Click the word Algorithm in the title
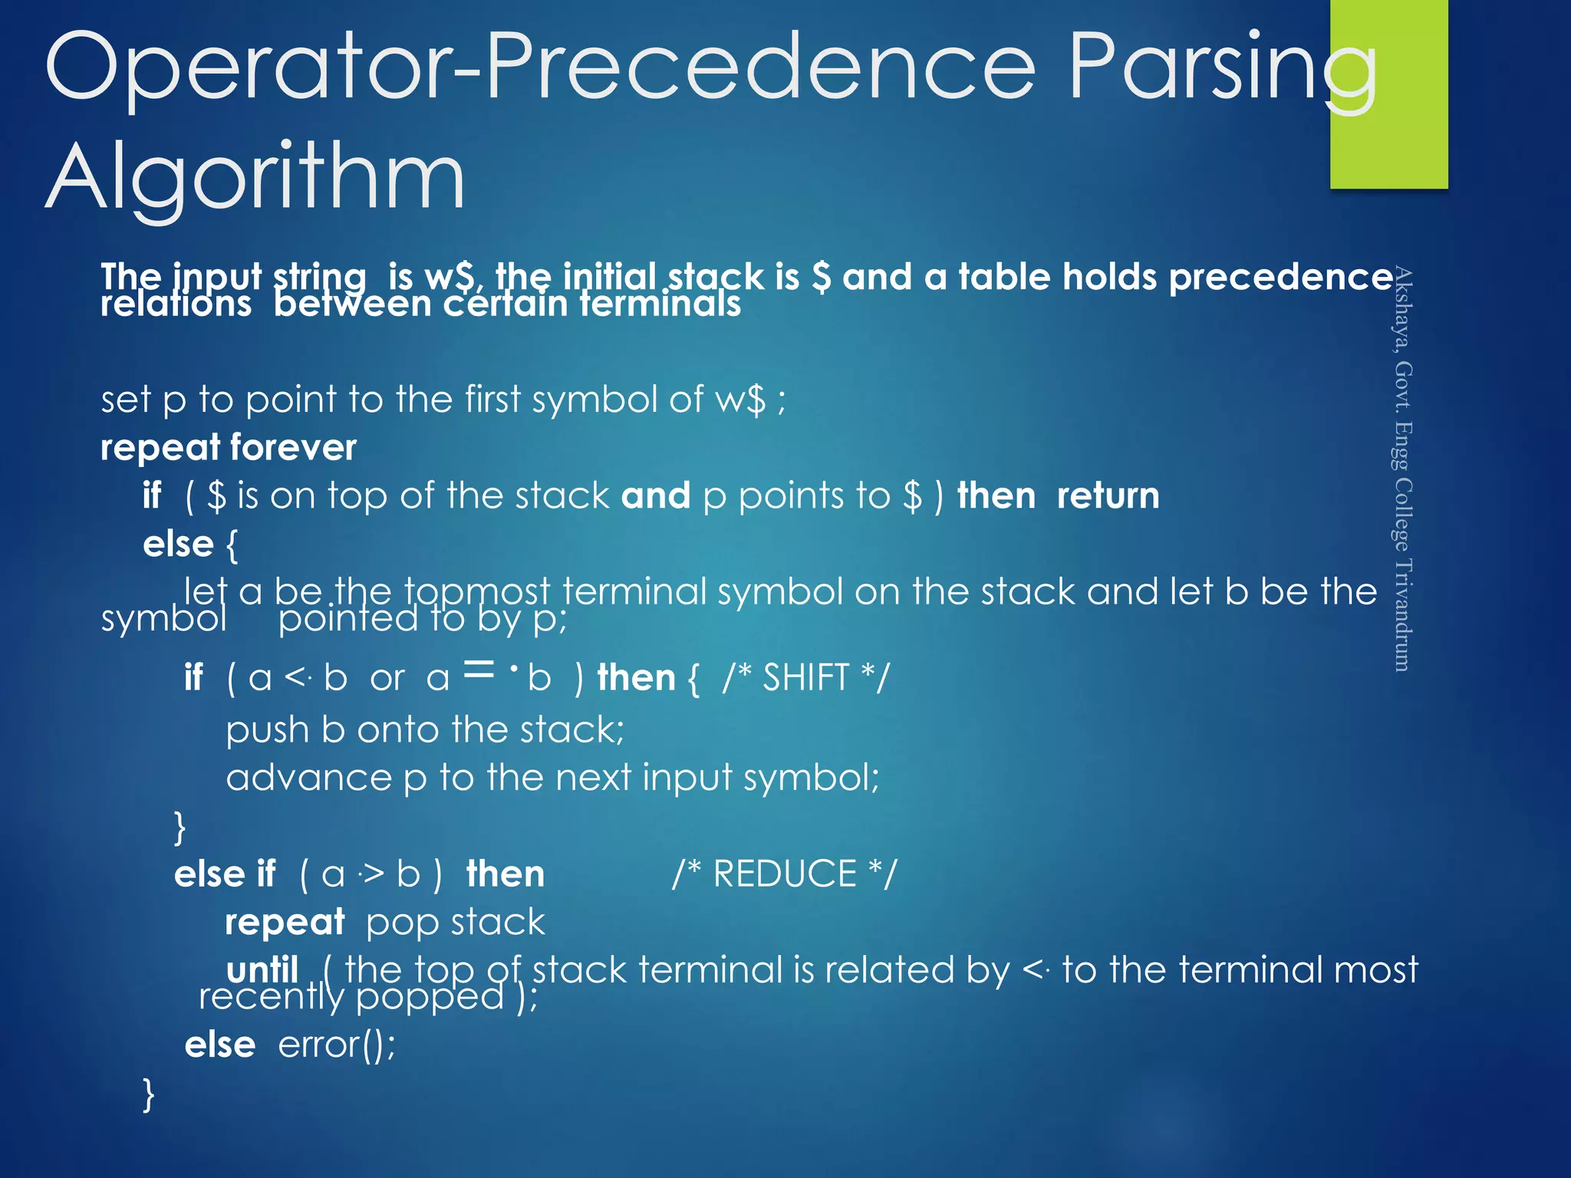(x=255, y=178)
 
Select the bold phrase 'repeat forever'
(x=229, y=447)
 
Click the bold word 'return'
(x=1108, y=495)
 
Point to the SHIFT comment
(x=805, y=678)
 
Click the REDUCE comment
(x=784, y=874)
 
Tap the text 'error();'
(x=337, y=1045)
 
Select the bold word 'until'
(x=262, y=970)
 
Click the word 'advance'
(x=309, y=778)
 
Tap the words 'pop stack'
(x=456, y=923)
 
